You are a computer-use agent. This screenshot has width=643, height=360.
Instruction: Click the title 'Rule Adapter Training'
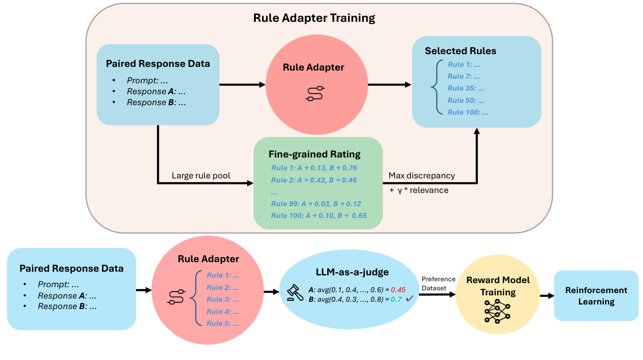point(314,18)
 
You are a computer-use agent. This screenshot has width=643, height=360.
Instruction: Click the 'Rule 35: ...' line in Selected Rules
point(466,88)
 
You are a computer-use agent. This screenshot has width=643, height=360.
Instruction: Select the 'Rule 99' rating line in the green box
point(316,203)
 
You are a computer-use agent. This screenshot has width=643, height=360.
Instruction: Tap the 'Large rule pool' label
point(201,176)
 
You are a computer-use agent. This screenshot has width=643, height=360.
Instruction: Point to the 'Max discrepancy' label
point(422,176)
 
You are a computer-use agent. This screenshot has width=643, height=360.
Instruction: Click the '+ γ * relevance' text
point(419,190)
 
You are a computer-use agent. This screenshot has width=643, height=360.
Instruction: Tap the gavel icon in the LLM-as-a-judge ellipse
point(294,294)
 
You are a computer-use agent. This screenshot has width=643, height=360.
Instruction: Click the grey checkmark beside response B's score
point(409,299)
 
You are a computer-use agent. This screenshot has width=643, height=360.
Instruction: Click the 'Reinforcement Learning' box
point(596,296)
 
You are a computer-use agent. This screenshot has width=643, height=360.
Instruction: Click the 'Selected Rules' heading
point(461,51)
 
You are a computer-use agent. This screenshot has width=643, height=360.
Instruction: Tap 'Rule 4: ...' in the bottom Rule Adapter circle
point(223,312)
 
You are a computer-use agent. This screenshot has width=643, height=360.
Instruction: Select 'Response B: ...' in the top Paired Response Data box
point(157,102)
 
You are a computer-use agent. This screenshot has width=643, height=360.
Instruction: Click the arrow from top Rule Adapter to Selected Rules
point(389,85)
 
